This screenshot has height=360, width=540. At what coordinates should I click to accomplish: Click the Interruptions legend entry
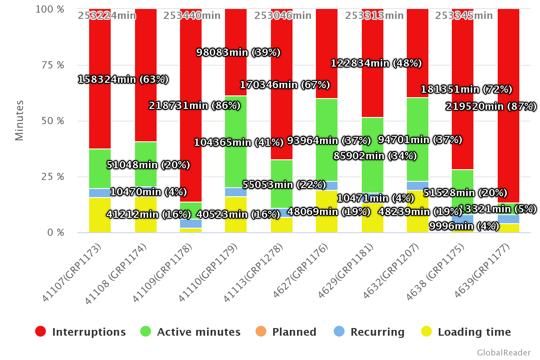(81, 332)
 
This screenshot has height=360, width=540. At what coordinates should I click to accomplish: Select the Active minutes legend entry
(190, 332)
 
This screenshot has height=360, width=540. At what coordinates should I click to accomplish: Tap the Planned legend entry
(286, 332)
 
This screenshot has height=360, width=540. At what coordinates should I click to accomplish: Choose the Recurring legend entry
(369, 332)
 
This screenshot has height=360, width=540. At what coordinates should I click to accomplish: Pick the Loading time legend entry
(466, 332)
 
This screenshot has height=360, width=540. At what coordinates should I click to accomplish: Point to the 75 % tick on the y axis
(49, 65)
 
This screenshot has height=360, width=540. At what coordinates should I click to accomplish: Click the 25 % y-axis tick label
(49, 176)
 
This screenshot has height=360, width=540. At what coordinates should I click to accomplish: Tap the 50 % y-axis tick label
(49, 121)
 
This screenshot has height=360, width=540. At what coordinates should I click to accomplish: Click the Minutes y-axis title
(19, 121)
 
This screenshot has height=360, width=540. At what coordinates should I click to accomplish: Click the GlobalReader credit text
(504, 352)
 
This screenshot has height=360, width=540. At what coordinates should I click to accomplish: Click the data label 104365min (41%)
(238, 142)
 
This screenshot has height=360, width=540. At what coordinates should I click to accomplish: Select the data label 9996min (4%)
(464, 226)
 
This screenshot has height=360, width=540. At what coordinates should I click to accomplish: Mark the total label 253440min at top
(192, 16)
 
